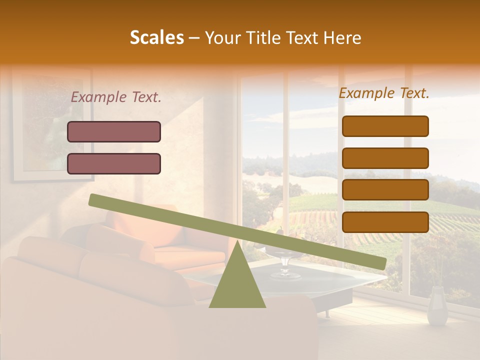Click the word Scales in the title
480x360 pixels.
156,37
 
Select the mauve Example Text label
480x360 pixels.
116,97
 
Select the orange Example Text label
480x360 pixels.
384,93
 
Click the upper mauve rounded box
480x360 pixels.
114,131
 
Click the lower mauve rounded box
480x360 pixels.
114,163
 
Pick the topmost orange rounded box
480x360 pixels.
385,126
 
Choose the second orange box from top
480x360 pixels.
385,158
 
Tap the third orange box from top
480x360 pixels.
385,190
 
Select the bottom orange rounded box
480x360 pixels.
385,222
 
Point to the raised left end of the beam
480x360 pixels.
95,200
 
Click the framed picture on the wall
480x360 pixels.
52,125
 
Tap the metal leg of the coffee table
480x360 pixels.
327,313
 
